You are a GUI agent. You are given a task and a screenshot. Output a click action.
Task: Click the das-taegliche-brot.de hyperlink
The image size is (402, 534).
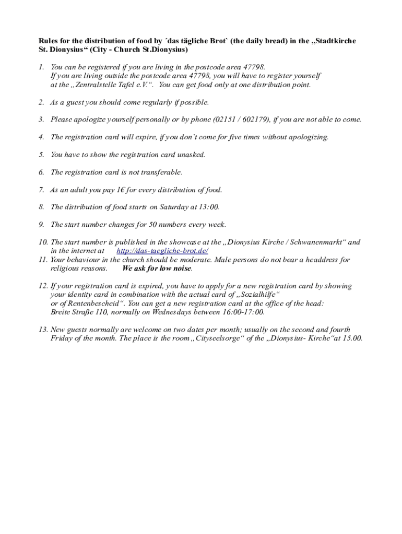coord(162,251)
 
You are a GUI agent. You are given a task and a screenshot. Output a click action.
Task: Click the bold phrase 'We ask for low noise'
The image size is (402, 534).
coord(157,269)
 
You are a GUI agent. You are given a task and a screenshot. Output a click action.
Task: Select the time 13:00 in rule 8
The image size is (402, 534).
coord(209,207)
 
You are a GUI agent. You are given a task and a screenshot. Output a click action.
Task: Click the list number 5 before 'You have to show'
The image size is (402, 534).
coord(41,154)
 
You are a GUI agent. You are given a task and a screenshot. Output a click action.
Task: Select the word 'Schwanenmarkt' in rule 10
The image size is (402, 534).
coord(311,242)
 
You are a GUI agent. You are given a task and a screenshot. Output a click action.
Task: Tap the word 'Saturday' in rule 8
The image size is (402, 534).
coord(169,207)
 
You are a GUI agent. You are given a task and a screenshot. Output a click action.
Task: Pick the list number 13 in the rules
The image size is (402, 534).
coord(43,330)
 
